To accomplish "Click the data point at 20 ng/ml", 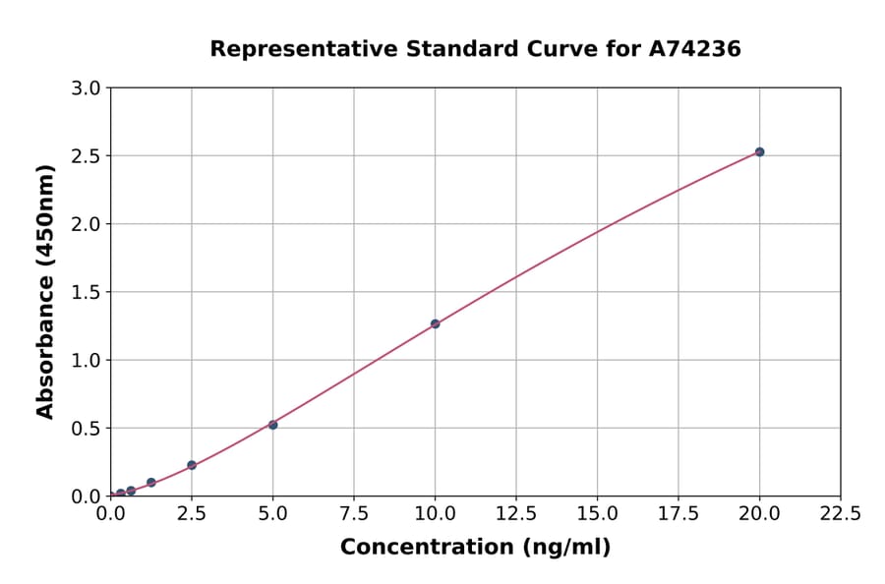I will [x=759, y=151].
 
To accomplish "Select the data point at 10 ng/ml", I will [x=435, y=323].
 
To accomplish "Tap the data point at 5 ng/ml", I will [x=273, y=425].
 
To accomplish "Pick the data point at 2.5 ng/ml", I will [x=192, y=465].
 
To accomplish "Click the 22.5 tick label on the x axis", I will [x=840, y=513].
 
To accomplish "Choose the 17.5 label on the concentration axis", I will [x=678, y=513].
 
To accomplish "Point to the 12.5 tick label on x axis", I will [x=516, y=513].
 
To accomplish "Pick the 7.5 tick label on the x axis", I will [x=354, y=513].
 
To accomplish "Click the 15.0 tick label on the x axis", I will [x=597, y=513].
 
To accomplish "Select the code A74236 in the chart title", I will [x=695, y=48].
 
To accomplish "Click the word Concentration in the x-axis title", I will [x=426, y=548].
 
